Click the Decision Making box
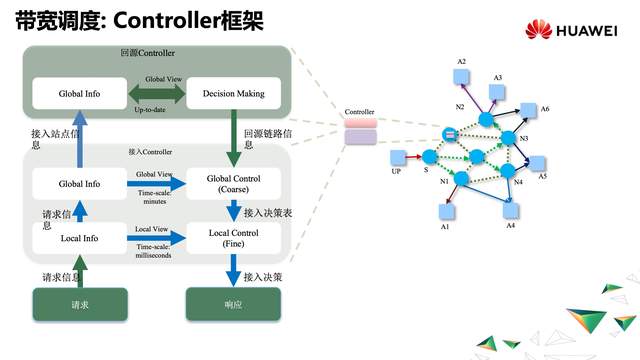coord(234,94)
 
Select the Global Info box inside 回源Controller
coord(79,94)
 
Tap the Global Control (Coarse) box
coord(234,184)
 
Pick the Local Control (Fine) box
coord(234,238)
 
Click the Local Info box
coord(79,238)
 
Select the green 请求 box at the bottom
coord(79,304)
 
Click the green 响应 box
coord(234,304)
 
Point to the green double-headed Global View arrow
coord(156,94)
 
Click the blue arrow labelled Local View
coord(156,238)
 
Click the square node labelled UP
coord(396,157)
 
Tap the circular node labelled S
coord(429,157)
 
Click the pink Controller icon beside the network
coord(358,130)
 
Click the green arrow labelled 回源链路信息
coord(234,135)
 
